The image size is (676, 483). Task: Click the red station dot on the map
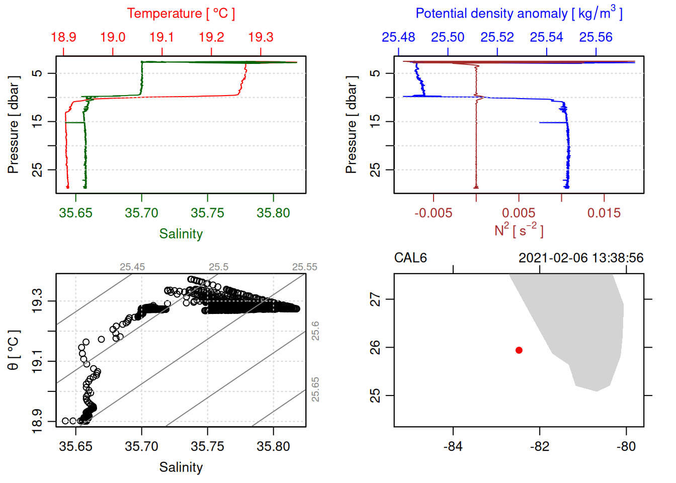(x=519, y=350)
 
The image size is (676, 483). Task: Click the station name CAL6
(x=410, y=258)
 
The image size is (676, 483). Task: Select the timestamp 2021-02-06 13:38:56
(x=581, y=258)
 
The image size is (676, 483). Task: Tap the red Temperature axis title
(x=181, y=14)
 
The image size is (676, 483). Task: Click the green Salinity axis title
(x=181, y=234)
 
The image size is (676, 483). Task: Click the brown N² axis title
(x=519, y=230)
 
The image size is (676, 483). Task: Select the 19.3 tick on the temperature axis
(x=261, y=37)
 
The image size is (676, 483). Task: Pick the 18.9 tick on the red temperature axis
(x=64, y=37)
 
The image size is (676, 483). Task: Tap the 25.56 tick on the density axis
(x=596, y=37)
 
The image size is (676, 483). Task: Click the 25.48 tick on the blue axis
(x=398, y=37)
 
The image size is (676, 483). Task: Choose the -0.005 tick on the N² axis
(x=434, y=213)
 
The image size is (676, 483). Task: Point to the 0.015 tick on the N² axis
(x=604, y=213)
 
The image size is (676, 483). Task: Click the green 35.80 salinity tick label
(x=274, y=213)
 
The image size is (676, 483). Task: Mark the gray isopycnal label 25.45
(x=132, y=267)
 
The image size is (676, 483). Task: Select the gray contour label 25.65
(x=315, y=389)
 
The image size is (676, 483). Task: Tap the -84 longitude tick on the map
(x=453, y=446)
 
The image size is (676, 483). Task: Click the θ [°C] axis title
(x=14, y=350)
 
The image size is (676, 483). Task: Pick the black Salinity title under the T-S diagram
(x=181, y=467)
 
